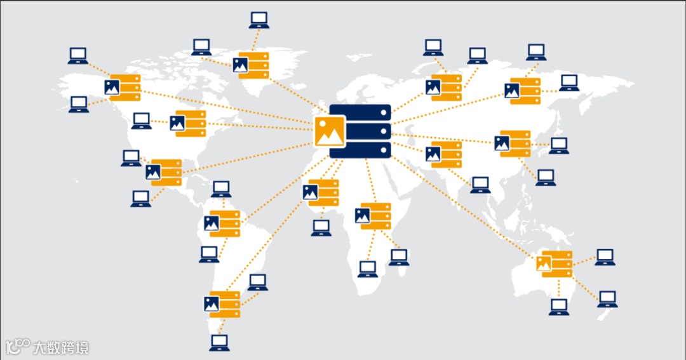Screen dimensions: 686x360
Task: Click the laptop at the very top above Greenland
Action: (259, 20)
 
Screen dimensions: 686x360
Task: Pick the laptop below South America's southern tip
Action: (219, 343)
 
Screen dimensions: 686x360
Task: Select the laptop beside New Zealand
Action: (608, 299)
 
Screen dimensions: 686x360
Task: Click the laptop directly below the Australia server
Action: (559, 307)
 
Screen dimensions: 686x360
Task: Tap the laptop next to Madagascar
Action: (399, 257)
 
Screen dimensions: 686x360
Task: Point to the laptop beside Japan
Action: (559, 145)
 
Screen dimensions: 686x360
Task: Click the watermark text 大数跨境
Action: (62, 347)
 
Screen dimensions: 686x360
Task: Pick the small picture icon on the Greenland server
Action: (240, 64)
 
